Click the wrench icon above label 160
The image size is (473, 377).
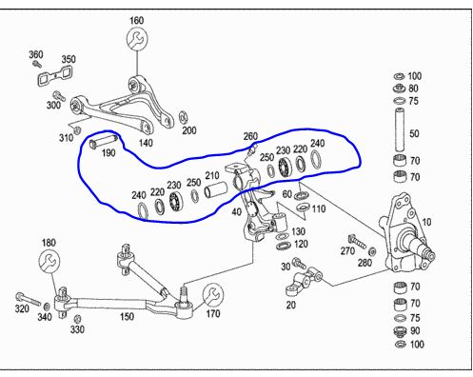pyautogui.click(x=137, y=38)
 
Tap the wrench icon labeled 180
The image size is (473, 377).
pyautogui.click(x=49, y=261)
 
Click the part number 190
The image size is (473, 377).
pyautogui.click(x=108, y=153)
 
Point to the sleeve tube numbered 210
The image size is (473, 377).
pyautogui.click(x=216, y=189)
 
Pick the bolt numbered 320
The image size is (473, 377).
pyautogui.click(x=28, y=299)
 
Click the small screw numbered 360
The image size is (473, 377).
pyautogui.click(x=37, y=64)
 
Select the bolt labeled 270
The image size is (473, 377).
pyautogui.click(x=357, y=241)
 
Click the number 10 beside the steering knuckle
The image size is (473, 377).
pyautogui.click(x=426, y=222)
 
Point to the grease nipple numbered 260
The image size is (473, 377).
pyautogui.click(x=251, y=150)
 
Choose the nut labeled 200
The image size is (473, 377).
pyautogui.click(x=183, y=117)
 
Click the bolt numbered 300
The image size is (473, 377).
pyautogui.click(x=59, y=95)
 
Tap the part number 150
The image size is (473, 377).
pyautogui.click(x=127, y=316)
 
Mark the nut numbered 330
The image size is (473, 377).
pyautogui.click(x=77, y=319)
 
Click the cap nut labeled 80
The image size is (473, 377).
pyautogui.click(x=399, y=88)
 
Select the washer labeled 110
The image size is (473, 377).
pyautogui.click(x=303, y=208)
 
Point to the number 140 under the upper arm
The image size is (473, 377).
pyautogui.click(x=146, y=143)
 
